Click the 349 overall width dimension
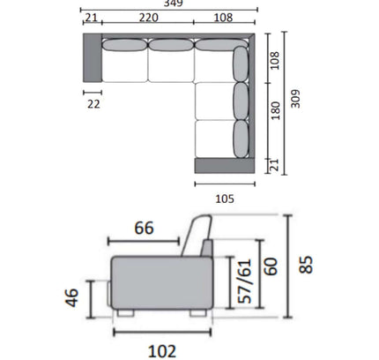click(x=174, y=4)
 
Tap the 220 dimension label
click(x=148, y=18)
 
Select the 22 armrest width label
click(x=93, y=104)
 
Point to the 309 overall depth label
click(x=295, y=99)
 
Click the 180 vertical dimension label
click(x=275, y=111)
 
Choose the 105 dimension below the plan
click(x=225, y=199)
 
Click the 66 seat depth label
click(x=144, y=228)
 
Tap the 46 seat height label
click(x=72, y=298)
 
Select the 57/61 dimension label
click(x=245, y=281)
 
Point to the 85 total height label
click(x=306, y=265)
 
